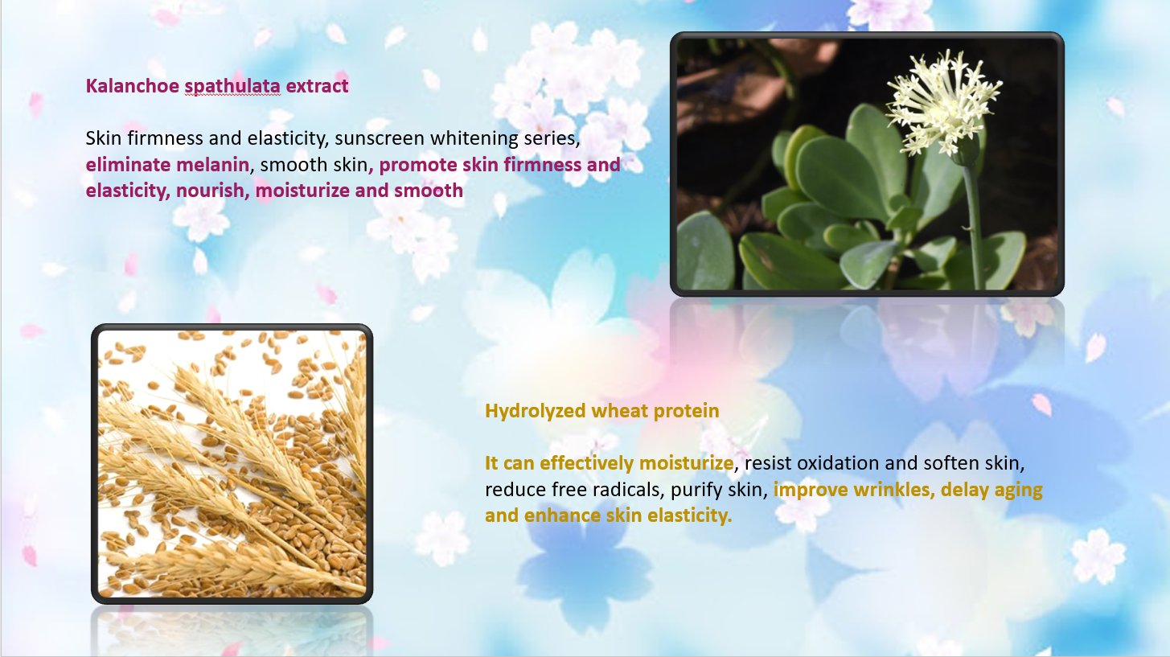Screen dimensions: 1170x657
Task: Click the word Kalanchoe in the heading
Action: point(132,86)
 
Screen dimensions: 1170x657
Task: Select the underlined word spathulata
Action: point(232,87)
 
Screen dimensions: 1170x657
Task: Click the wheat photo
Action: point(232,464)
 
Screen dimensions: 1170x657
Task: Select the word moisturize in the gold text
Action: point(687,463)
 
